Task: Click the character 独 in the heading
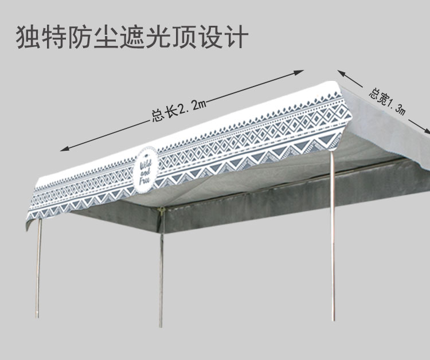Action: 28,37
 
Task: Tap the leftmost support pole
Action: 39,269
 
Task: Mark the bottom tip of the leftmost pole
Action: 38,316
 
